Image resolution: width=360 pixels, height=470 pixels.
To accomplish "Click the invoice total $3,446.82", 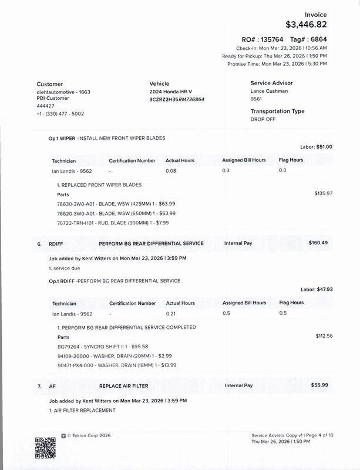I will tap(305, 25).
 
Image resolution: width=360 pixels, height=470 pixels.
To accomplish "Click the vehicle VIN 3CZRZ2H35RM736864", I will tap(177, 100).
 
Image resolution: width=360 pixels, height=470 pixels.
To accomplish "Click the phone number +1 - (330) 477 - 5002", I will tap(60, 113).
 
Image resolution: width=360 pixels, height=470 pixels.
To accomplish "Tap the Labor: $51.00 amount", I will tap(316, 146).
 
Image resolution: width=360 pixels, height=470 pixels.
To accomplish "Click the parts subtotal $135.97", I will tap(324, 193).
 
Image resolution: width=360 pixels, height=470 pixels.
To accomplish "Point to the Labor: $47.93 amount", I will tap(316, 289).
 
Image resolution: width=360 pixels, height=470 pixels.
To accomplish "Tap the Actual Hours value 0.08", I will tap(171, 170).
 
